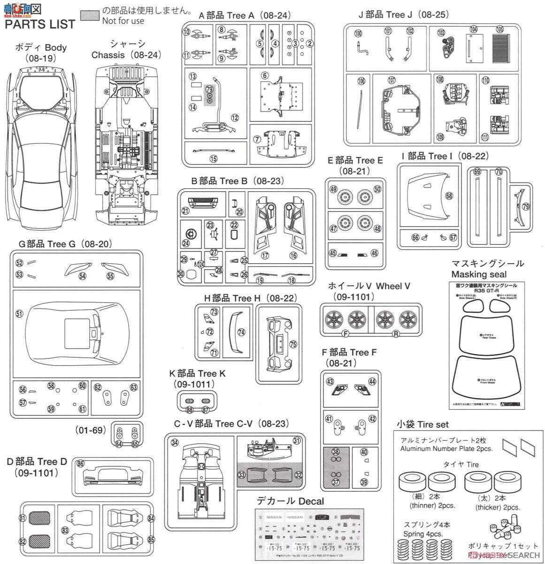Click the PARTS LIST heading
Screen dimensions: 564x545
[x=40, y=24]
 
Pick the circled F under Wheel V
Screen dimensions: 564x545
[x=346, y=334]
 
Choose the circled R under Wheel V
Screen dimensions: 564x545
[x=396, y=334]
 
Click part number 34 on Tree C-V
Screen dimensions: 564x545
[x=175, y=443]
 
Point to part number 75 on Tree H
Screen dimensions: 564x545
[x=293, y=345]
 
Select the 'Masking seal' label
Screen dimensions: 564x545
[x=475, y=274]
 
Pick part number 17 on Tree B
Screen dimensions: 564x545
[x=265, y=256]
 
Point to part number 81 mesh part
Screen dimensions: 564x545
[x=23, y=518]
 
